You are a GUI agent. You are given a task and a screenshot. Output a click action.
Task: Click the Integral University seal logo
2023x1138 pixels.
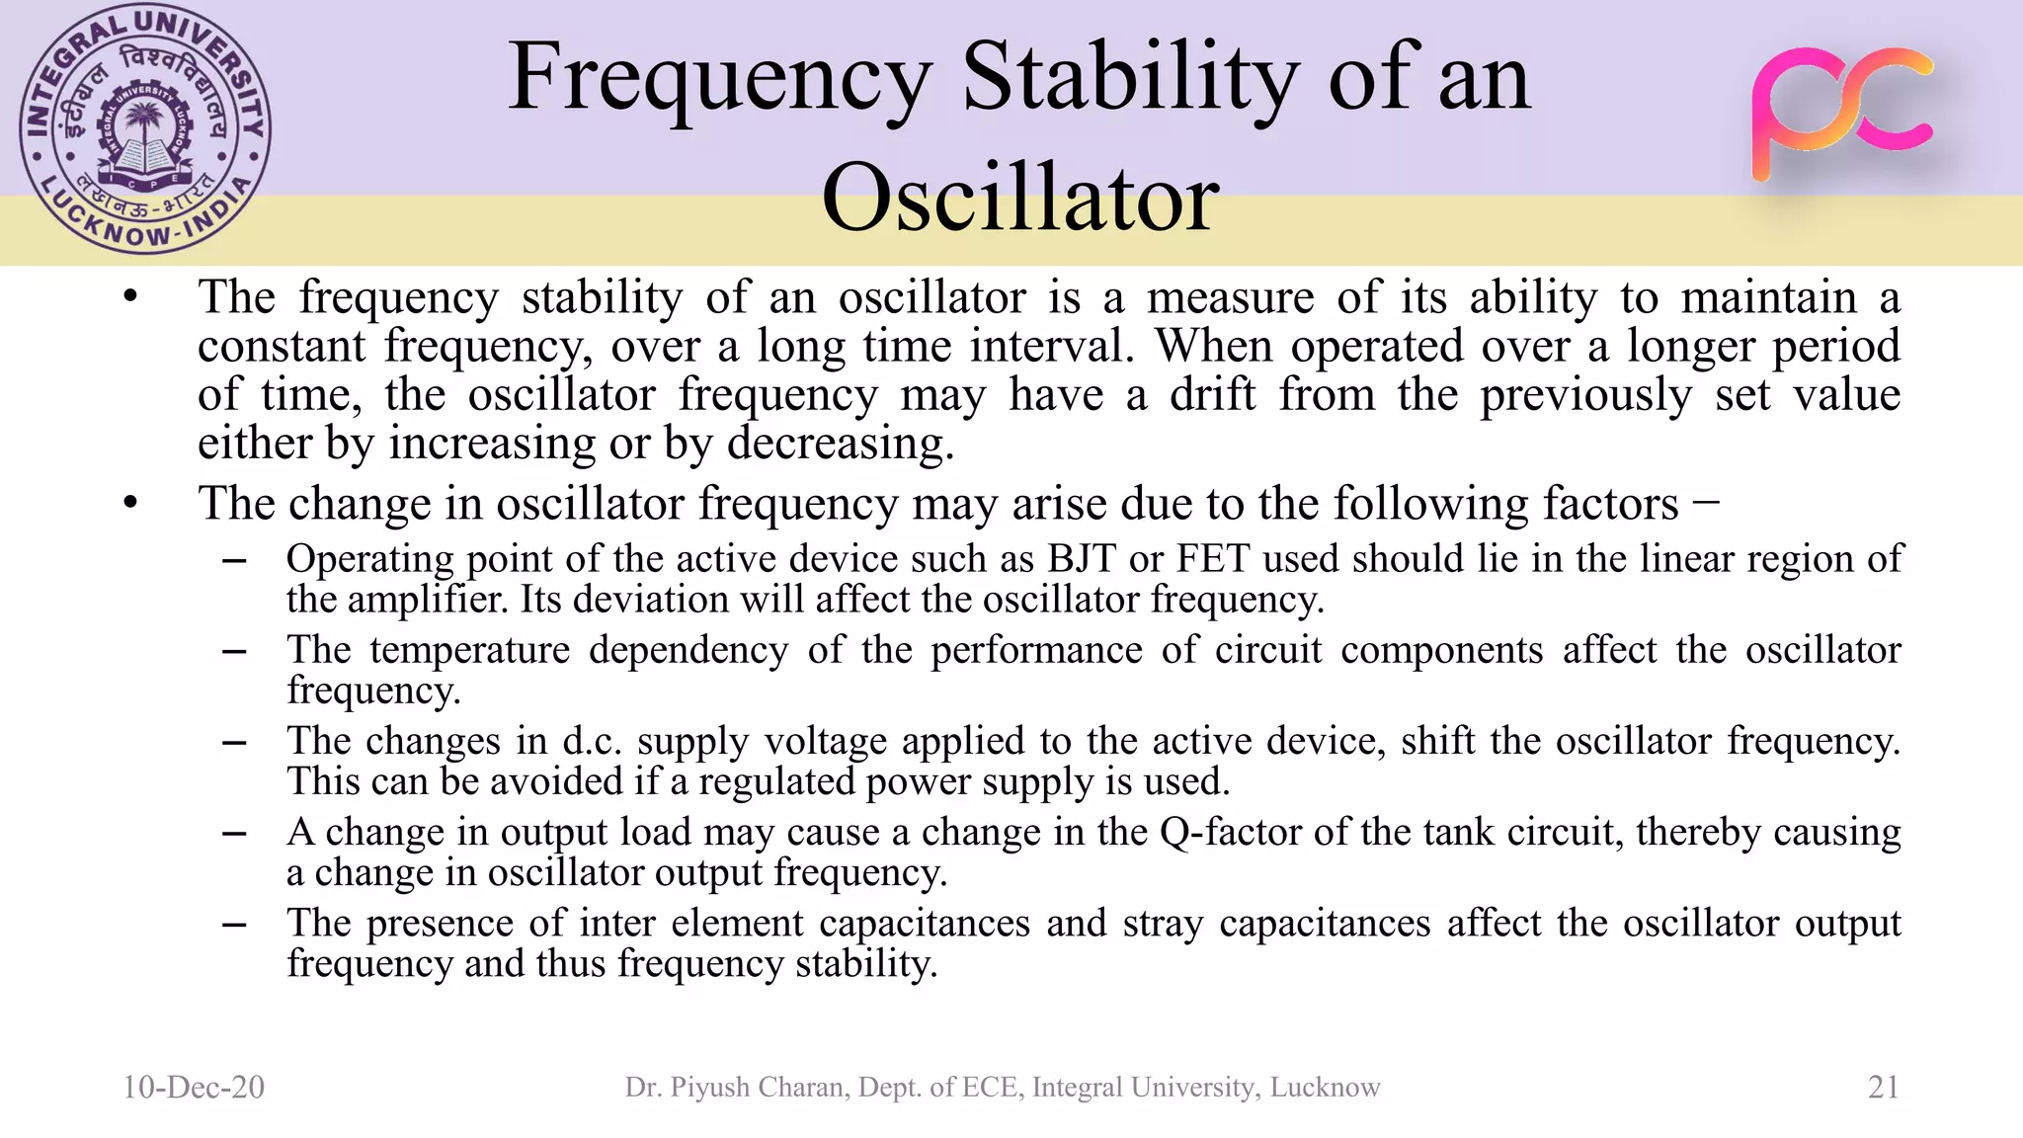point(145,129)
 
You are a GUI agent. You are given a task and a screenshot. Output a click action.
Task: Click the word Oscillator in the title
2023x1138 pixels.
point(1019,198)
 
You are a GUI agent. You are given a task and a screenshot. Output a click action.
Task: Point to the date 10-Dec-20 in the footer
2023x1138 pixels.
point(194,1087)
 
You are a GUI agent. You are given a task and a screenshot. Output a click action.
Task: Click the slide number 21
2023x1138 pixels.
point(1884,1087)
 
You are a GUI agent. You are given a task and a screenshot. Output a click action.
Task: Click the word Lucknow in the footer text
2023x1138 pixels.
point(1325,1087)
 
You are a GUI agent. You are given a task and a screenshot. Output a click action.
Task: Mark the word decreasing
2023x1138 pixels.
point(840,443)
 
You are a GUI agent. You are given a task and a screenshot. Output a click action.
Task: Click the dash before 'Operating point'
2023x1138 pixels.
point(234,560)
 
